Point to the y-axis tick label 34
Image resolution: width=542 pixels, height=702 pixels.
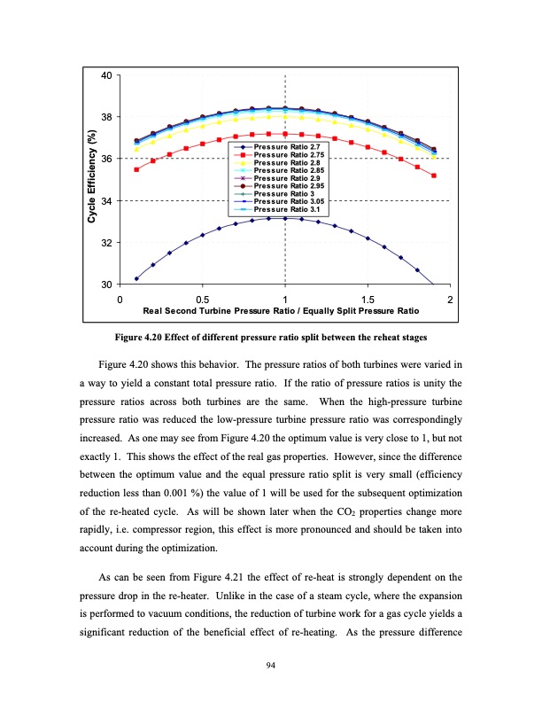point(105,201)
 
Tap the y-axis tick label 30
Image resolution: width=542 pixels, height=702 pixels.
point(105,285)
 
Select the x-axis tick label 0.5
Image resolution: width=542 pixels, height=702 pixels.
point(202,300)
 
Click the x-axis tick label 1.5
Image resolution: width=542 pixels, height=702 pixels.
point(368,300)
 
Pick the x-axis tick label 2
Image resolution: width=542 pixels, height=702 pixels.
point(451,300)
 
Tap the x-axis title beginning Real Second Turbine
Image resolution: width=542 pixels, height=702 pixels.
point(281,312)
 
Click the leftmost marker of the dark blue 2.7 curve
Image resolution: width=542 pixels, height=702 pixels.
point(136,278)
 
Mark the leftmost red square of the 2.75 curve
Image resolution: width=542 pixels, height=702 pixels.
point(136,169)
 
